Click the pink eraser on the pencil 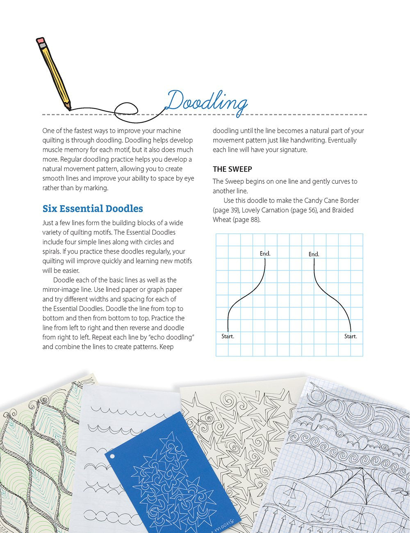[x=40, y=41]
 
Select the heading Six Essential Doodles [x=93, y=208]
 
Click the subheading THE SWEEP [x=232, y=169]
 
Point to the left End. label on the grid [x=265, y=254]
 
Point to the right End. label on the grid [x=314, y=254]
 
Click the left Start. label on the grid [x=228, y=336]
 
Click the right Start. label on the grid [x=350, y=336]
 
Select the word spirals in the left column [x=52, y=252]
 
